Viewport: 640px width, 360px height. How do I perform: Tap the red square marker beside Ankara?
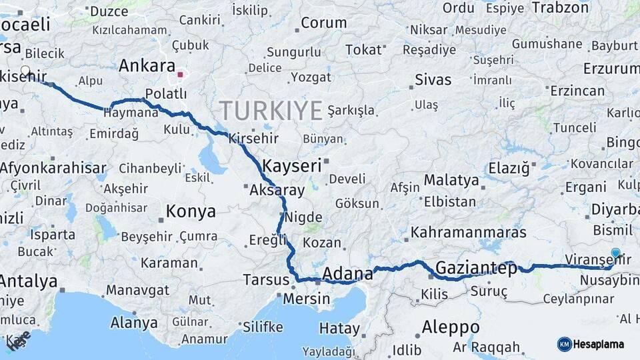coord(180,75)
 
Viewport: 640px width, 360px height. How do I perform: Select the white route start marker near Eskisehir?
coord(25,70)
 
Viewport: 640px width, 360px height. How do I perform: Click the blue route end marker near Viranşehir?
coord(615,253)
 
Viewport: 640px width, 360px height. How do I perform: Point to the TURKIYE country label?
coord(271,110)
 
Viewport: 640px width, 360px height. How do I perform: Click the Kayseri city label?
coord(292,165)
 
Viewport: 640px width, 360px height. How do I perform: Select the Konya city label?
coord(191,212)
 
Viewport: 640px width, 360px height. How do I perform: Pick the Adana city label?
coord(347,274)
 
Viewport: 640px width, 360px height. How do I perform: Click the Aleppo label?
coord(451,327)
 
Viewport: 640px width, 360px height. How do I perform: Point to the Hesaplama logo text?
coord(599,345)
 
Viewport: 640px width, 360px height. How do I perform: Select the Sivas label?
coord(433,80)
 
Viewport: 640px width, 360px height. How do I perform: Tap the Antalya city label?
coord(28,281)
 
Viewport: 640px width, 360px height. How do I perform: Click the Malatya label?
coord(451,180)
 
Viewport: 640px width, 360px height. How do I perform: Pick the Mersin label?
coord(306,299)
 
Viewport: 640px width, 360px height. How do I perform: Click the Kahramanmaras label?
coord(469,233)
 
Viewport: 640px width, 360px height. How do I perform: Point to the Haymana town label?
coord(131,113)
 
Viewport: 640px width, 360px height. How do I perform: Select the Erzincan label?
coord(577,91)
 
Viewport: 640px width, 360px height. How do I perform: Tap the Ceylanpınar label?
coord(577,299)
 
